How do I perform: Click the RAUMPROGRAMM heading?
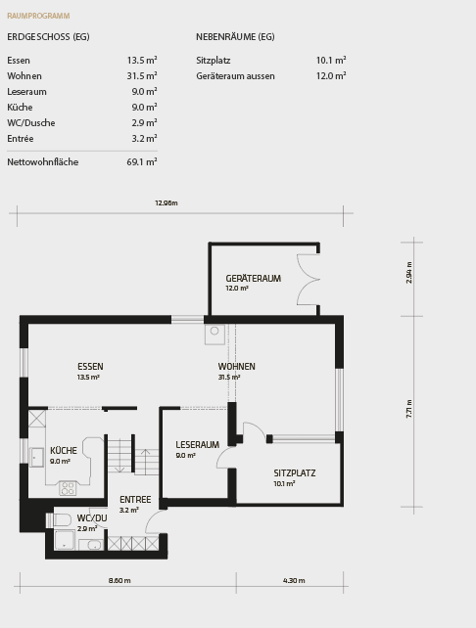(38, 16)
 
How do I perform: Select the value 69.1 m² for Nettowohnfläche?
(142, 162)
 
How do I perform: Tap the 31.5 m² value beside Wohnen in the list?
(142, 75)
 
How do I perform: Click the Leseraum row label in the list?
(26, 91)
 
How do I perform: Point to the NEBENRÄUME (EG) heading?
(235, 36)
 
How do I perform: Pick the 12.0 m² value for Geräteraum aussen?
(331, 75)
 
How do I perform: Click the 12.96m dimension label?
(167, 202)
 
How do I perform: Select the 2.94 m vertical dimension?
(409, 273)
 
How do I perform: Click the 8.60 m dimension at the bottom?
(119, 580)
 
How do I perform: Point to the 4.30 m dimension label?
(294, 580)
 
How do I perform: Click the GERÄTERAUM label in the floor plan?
(253, 279)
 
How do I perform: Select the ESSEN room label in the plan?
(90, 367)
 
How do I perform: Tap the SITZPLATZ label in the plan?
(294, 472)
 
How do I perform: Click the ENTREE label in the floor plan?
(135, 499)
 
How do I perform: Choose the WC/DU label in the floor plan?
(92, 517)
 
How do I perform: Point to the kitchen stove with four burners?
(68, 487)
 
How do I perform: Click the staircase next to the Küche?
(132, 457)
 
